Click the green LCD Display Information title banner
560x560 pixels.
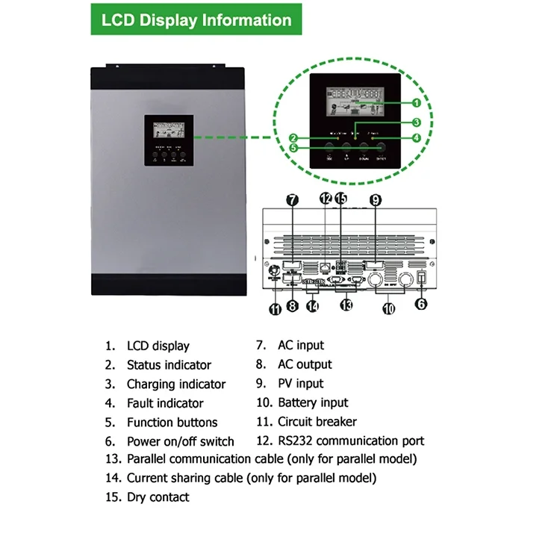tap(196, 19)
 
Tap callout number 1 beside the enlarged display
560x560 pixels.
tap(416, 102)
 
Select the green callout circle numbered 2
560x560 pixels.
tap(293, 137)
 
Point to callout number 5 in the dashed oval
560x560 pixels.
tap(293, 148)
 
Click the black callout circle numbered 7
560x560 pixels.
tap(293, 199)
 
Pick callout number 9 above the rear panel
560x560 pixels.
tap(375, 199)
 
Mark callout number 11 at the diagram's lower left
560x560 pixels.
tap(275, 308)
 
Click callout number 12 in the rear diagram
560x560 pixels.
tap(325, 199)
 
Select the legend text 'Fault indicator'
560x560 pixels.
tap(165, 403)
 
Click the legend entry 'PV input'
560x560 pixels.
tap(300, 384)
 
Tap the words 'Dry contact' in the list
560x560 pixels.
tap(158, 497)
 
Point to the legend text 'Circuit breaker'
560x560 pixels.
tap(317, 422)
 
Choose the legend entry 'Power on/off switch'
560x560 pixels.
tap(180, 441)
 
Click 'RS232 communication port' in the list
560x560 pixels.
tap(351, 441)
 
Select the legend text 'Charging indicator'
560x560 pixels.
tap(175, 385)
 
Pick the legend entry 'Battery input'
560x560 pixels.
tap(313, 403)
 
